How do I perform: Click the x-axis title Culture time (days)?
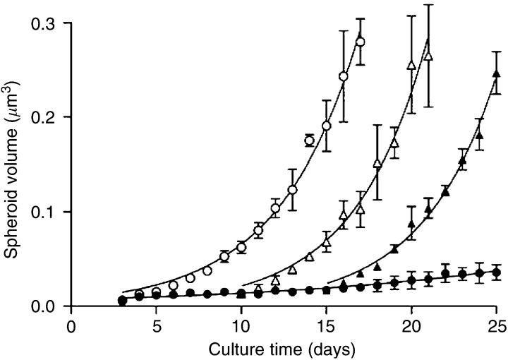click(x=282, y=347)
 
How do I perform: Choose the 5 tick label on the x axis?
click(x=156, y=325)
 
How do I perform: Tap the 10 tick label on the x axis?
click(x=241, y=325)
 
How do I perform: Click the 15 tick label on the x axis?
click(x=327, y=325)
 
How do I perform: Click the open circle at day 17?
click(x=361, y=42)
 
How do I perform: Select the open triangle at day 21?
click(x=428, y=56)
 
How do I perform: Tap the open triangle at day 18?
click(x=377, y=164)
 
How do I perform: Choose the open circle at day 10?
click(x=241, y=248)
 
